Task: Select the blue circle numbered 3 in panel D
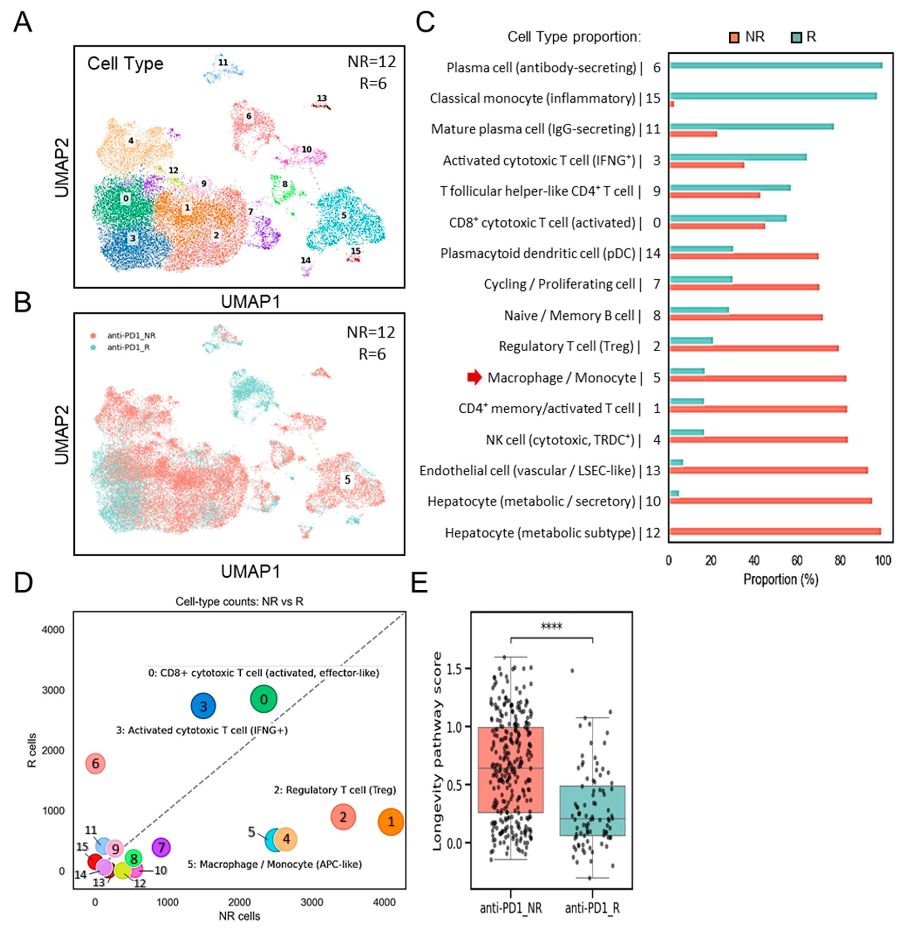203,706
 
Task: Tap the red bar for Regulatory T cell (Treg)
754,348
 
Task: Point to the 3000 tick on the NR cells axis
312,902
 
